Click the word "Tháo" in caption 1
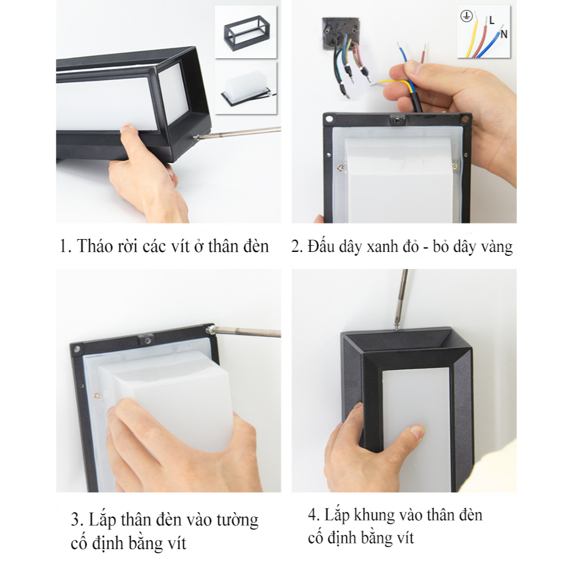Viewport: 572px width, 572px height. point(94,246)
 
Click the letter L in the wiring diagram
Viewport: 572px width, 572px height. point(492,21)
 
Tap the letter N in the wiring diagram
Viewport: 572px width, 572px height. point(504,34)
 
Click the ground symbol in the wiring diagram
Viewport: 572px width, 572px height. point(466,16)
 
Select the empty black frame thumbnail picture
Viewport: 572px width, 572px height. point(246,32)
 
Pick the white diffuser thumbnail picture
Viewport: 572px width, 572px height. point(246,88)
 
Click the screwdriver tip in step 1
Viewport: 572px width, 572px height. point(194,137)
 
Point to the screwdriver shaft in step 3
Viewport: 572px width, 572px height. point(247,332)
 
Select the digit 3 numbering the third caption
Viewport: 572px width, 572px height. point(75,520)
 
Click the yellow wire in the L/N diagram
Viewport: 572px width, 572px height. point(471,39)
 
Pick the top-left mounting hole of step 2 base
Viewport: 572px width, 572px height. point(330,120)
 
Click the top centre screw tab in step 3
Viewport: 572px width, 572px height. point(145,339)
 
